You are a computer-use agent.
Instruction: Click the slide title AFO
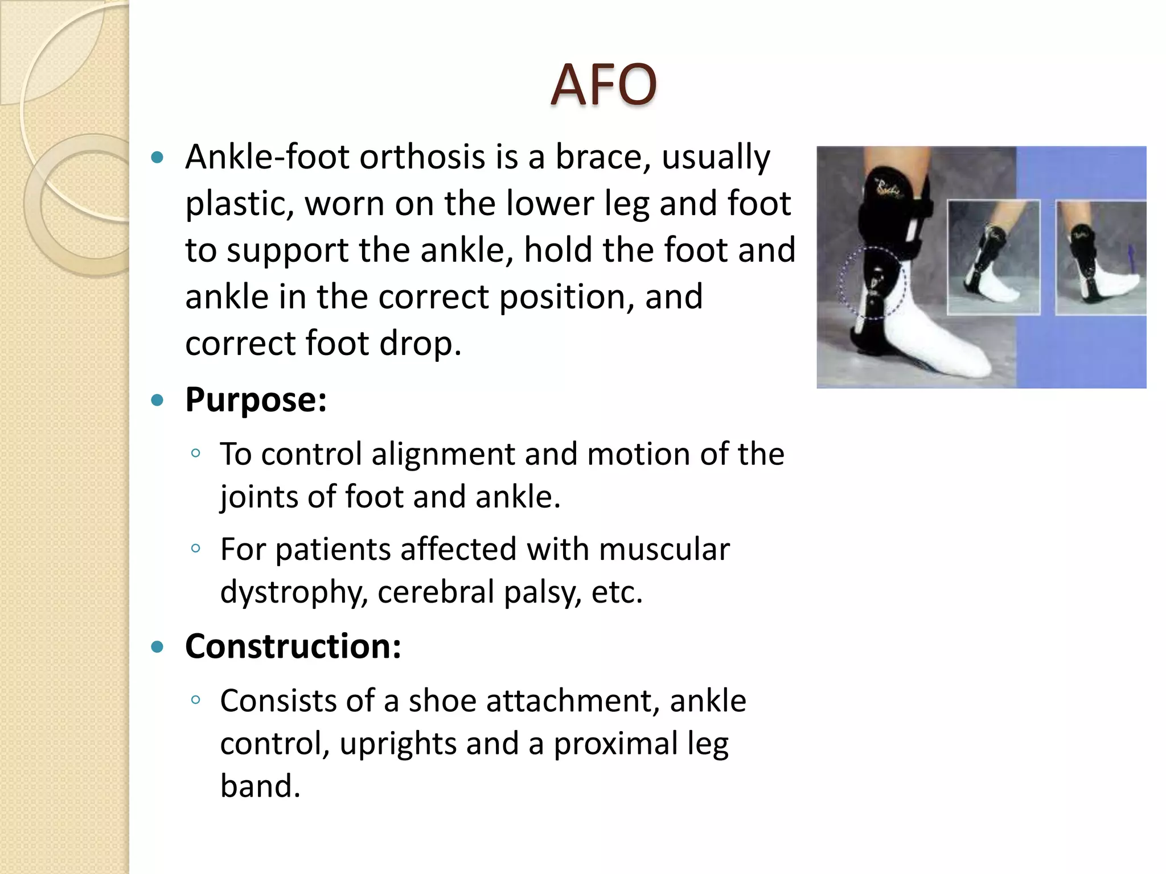(x=603, y=85)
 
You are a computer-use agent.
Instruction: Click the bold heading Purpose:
(x=256, y=400)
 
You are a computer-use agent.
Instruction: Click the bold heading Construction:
(x=293, y=647)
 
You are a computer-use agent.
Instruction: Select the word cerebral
(x=436, y=592)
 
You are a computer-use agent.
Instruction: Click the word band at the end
(x=260, y=786)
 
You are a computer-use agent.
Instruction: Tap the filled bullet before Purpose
(x=158, y=401)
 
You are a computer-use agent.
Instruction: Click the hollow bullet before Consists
(x=196, y=699)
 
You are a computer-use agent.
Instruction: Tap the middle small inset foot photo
(x=993, y=257)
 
